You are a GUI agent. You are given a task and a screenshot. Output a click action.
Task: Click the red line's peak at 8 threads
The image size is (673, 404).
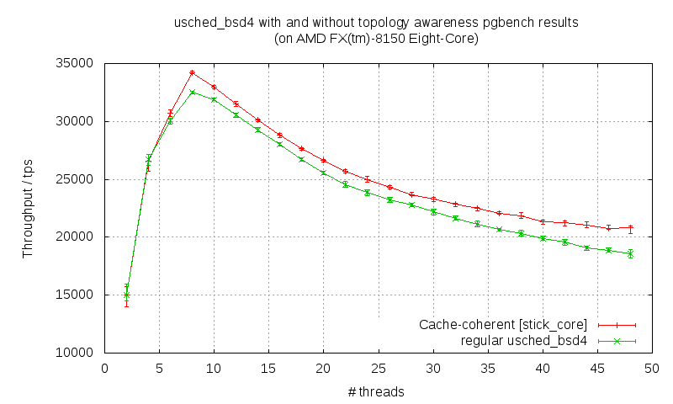192,72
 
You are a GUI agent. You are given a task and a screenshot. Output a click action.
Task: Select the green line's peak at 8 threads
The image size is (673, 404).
192,92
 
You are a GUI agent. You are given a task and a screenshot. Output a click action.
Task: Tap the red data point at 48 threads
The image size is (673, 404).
630,227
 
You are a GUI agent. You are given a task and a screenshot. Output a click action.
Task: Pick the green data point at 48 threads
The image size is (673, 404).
630,253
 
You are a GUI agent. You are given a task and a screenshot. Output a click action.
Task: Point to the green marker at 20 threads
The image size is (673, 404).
323,173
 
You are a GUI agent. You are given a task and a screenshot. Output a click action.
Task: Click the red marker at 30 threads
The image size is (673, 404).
433,199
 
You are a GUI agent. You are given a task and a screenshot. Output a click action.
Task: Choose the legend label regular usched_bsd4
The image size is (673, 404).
524,341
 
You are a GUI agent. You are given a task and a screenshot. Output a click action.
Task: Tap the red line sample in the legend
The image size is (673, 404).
617,324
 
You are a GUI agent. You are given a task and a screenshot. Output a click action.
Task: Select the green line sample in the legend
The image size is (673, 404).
617,341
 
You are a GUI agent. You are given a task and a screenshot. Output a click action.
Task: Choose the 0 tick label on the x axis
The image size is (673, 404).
104,368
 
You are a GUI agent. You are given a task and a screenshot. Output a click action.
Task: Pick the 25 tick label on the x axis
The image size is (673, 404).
378,368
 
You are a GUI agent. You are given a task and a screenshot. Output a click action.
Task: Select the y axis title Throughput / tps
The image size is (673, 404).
28,207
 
